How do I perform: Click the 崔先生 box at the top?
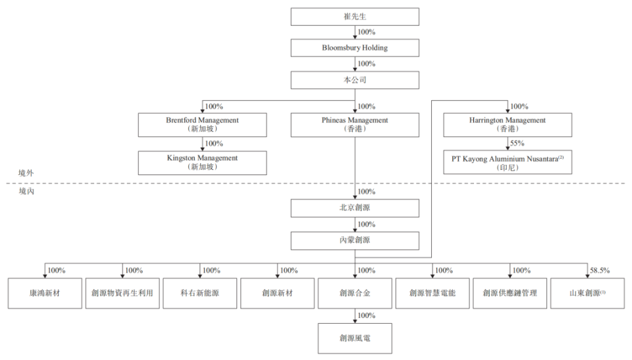click(355, 16)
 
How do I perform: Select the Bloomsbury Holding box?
click(355, 47)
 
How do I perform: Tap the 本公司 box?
click(355, 80)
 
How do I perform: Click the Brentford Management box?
click(202, 124)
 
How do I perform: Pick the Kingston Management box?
click(202, 163)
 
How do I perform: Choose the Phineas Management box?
click(355, 124)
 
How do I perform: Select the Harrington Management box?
click(508, 124)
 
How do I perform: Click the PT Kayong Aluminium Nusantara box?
click(508, 162)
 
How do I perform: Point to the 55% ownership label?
click(517, 143)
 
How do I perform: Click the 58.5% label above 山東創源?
click(600, 270)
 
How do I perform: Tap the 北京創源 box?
click(355, 207)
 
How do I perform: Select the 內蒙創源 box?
click(355, 240)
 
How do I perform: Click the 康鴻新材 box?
click(45, 293)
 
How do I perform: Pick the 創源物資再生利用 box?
click(122, 293)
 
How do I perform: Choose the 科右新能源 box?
click(200, 293)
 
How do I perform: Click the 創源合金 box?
click(355, 293)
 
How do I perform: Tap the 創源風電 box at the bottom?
click(355, 338)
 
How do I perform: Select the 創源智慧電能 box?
click(433, 293)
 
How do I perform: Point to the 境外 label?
click(26, 173)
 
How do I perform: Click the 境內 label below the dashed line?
click(26, 191)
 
